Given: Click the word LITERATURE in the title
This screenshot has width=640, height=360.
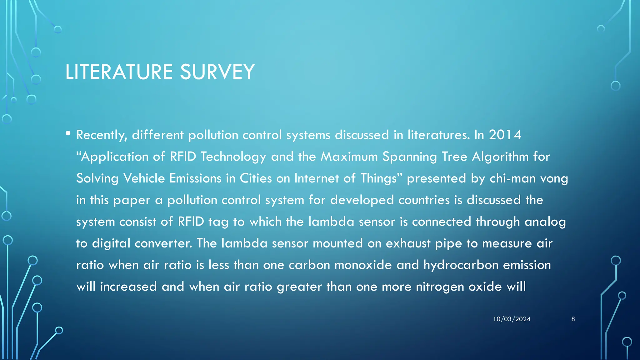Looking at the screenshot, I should pyautogui.click(x=119, y=72).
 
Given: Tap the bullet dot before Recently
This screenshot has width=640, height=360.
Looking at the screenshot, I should pyautogui.click(x=68, y=133).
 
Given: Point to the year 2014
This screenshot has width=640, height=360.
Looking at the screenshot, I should pyautogui.click(x=505, y=135).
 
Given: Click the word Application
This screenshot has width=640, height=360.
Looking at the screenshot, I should pyautogui.click(x=114, y=157).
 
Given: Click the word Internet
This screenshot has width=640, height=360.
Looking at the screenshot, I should pyautogui.click(x=317, y=178).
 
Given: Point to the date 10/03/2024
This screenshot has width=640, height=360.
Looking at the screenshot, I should pyautogui.click(x=512, y=319).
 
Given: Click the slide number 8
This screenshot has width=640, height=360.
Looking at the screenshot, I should pyautogui.click(x=573, y=319).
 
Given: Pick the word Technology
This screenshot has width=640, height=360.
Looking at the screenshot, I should pyautogui.click(x=233, y=157).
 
